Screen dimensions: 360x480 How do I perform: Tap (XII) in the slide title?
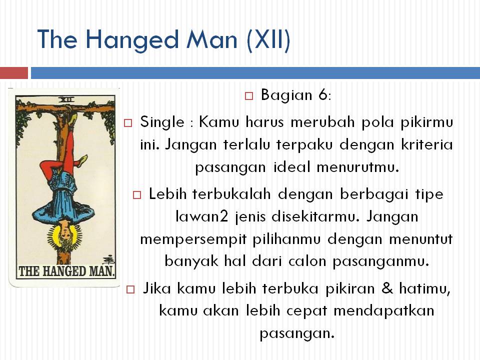click(x=268, y=38)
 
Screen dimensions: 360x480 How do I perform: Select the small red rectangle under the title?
click(x=13, y=73)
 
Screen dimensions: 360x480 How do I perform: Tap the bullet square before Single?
click(x=128, y=122)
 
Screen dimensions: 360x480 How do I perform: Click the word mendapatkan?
click(x=383, y=310)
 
